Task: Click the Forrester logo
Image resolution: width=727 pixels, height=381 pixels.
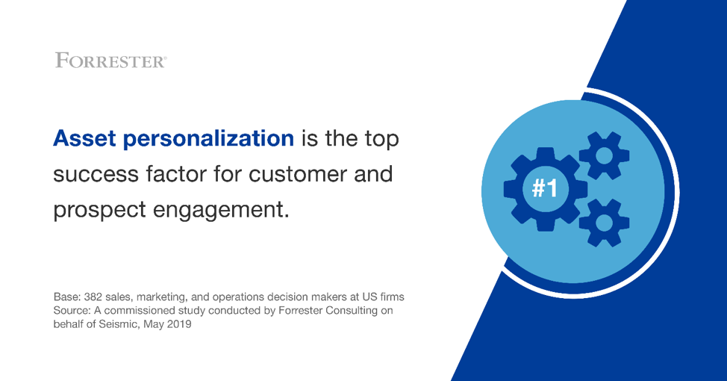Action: (110, 61)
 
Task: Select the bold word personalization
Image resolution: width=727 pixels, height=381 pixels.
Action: (208, 140)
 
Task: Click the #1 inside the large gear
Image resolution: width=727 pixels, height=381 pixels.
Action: (544, 188)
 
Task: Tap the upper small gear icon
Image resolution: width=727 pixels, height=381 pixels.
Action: (604, 155)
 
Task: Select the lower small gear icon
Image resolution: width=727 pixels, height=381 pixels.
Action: (604, 223)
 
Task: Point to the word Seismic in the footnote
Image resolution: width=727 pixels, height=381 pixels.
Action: (118, 324)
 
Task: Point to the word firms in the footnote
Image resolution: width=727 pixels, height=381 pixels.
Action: (392, 297)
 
